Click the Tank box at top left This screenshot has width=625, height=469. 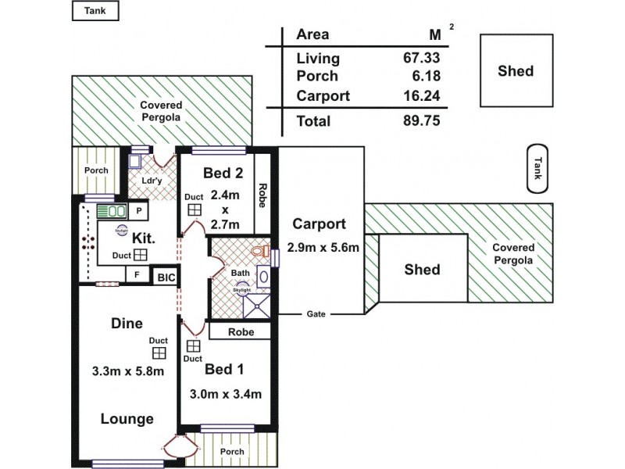click(95, 11)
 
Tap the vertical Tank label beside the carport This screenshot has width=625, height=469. click(537, 169)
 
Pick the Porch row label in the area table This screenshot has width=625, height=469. click(317, 77)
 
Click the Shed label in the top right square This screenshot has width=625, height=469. click(516, 71)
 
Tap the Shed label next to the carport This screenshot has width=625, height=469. click(422, 270)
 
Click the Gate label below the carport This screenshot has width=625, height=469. click(316, 314)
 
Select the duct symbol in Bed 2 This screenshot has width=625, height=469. click(194, 210)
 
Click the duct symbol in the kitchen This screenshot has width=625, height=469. click(141, 255)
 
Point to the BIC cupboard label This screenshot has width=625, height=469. click(166, 276)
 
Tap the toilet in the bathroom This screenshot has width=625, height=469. click(262, 252)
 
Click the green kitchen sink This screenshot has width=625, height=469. click(112, 211)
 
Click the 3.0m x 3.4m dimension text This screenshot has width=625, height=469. click(226, 394)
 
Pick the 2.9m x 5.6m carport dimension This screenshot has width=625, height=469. click(323, 248)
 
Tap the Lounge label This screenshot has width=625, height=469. click(127, 419)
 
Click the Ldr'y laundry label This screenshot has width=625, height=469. click(151, 181)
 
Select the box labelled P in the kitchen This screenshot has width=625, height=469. click(138, 211)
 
